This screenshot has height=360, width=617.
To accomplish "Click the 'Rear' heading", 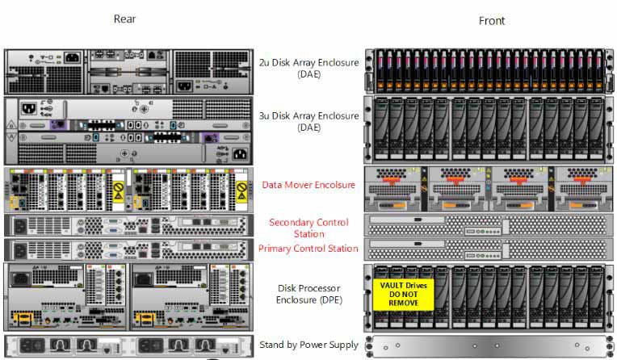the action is coord(124,19).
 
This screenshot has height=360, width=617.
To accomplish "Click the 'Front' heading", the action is coord(492,21).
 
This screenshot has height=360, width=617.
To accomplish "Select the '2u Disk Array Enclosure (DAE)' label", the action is coord(308,68).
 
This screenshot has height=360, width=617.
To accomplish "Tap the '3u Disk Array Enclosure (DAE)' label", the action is coord(308,122).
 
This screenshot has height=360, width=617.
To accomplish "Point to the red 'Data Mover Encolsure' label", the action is coord(308,185).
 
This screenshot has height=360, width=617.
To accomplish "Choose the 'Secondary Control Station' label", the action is coord(308,228).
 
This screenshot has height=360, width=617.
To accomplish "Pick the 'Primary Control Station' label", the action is coord(308,249).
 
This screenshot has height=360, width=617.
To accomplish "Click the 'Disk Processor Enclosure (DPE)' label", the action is coord(308,294).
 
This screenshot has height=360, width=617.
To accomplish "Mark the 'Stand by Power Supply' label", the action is coord(308,345).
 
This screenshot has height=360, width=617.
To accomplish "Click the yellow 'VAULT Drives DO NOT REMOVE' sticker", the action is coord(403,294).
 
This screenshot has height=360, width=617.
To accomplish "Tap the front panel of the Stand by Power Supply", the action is coord(489,346).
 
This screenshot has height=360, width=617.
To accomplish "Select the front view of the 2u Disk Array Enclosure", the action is coord(489,71).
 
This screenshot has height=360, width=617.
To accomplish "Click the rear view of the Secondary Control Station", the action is coord(128,225).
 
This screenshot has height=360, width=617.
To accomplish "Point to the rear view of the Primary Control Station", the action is coord(128,250).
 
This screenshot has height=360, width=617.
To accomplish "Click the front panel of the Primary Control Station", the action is coord(489,249).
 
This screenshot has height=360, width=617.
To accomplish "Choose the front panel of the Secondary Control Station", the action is coord(489,225).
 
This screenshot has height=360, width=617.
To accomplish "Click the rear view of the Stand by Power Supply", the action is coord(128,346).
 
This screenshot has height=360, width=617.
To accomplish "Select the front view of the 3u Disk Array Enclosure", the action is coord(489,130).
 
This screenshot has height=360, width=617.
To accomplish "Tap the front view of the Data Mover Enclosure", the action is coord(489,189).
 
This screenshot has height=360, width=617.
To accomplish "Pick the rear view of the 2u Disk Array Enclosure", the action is coord(128,72).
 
